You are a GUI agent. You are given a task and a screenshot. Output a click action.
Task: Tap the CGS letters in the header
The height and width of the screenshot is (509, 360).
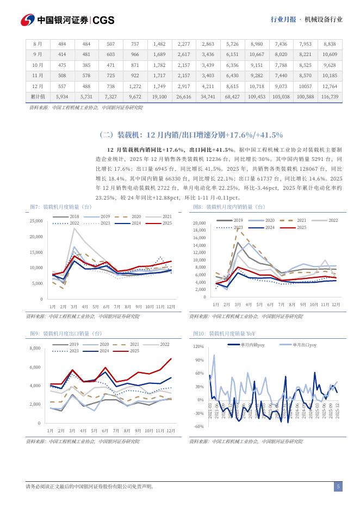[104, 20]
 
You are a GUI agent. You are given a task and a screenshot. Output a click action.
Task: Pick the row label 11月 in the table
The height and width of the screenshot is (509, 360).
[38, 76]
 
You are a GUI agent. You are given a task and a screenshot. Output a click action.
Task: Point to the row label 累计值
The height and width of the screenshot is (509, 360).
[38, 96]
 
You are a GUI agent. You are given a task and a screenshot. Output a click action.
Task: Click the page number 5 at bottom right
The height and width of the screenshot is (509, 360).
[338, 487]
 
